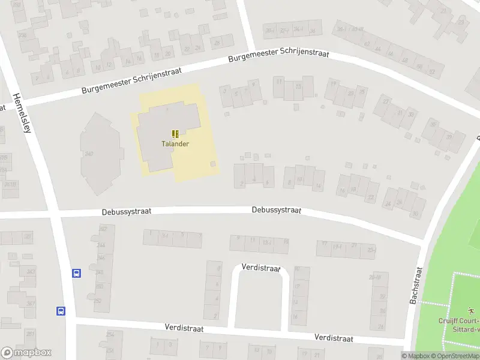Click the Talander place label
(x=175, y=144)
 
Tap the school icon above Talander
(x=175, y=134)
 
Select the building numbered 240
(x=89, y=154)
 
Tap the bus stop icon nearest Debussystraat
(x=77, y=273)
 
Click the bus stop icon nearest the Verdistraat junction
(x=61, y=311)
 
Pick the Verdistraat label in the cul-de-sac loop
(x=261, y=268)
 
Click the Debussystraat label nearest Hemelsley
(x=127, y=211)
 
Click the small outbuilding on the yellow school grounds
(x=213, y=163)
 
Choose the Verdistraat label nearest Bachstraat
(x=334, y=338)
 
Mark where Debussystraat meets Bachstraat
(x=424, y=241)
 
